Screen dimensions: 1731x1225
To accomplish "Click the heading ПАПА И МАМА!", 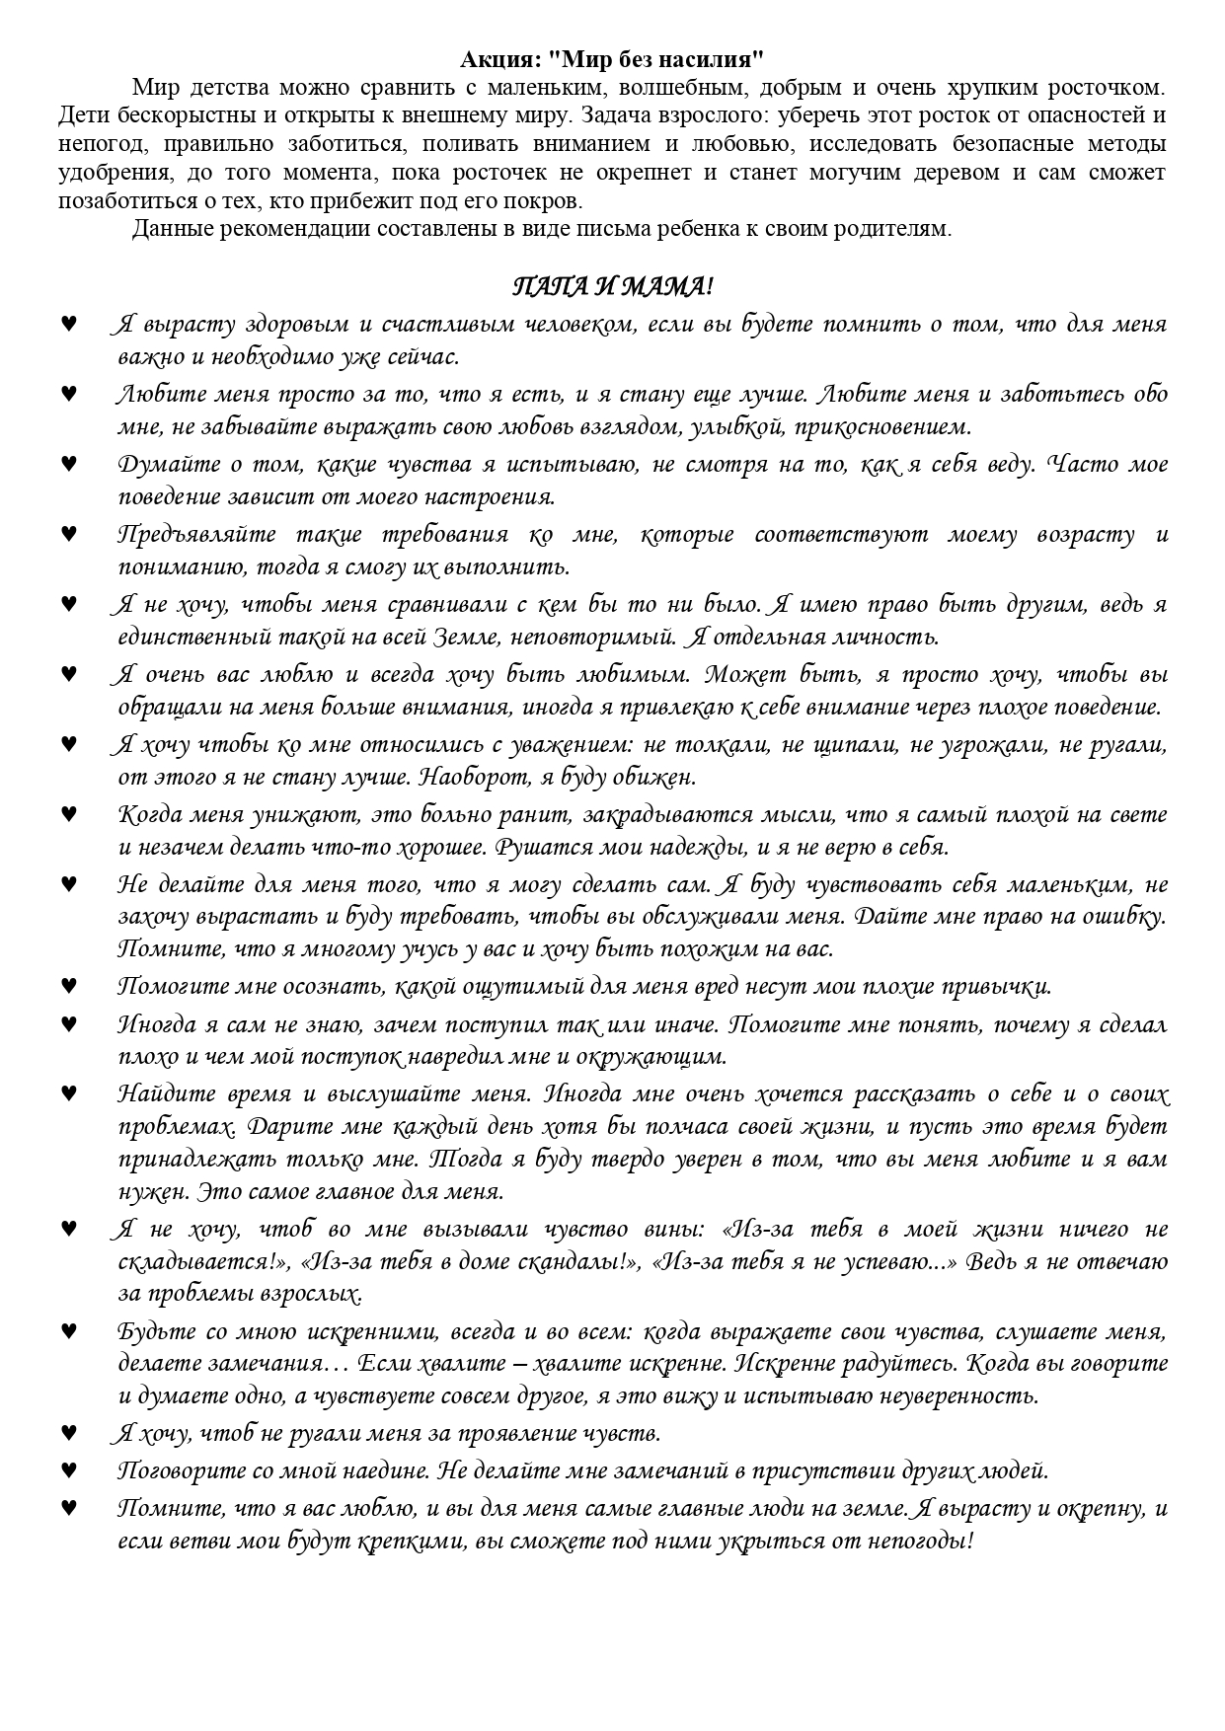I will coord(612,287).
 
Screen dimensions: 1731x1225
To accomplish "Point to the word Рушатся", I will coord(533,847).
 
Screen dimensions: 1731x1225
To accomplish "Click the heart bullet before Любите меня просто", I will coord(69,394).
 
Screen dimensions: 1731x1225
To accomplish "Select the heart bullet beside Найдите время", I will coord(69,1093).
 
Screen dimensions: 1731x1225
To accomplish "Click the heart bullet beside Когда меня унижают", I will coord(69,814).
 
